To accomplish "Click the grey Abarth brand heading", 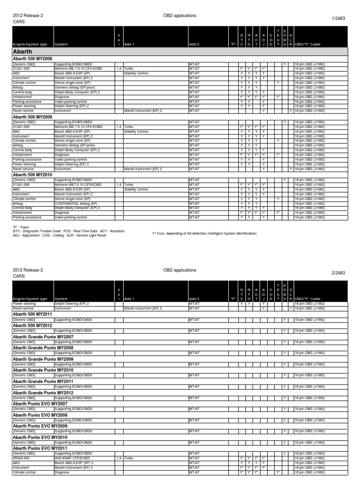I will click(23, 52).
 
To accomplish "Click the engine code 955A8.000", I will click(22, 458).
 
